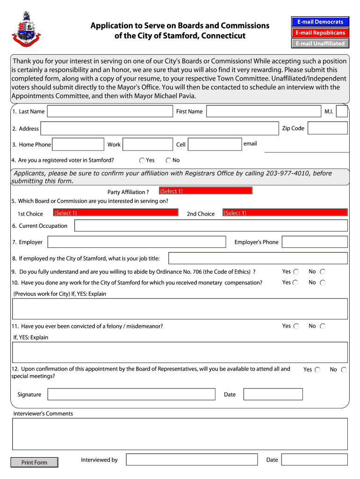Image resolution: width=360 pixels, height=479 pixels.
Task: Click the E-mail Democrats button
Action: point(319,22)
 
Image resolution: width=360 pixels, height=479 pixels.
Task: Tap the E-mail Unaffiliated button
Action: point(319,44)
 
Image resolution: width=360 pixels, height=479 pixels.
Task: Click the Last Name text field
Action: point(110,111)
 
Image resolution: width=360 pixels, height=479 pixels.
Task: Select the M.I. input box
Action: point(342,111)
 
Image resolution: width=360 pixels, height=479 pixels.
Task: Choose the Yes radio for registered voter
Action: point(142,160)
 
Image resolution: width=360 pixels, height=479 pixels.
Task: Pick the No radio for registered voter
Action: point(168,160)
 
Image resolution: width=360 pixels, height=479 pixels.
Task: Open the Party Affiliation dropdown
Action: point(205,191)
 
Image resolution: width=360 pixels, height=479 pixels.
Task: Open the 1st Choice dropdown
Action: point(115,212)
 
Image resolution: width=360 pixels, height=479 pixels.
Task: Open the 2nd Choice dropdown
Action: point(285,212)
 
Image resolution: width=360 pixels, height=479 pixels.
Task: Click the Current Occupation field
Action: point(211,226)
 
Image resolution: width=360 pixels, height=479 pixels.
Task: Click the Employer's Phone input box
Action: point(315,242)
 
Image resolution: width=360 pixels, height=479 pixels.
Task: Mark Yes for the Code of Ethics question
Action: point(295,272)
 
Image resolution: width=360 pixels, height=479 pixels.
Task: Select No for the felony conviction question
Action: point(323,326)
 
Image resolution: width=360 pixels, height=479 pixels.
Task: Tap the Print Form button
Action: point(35,463)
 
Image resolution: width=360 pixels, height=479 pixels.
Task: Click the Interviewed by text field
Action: point(192,460)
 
